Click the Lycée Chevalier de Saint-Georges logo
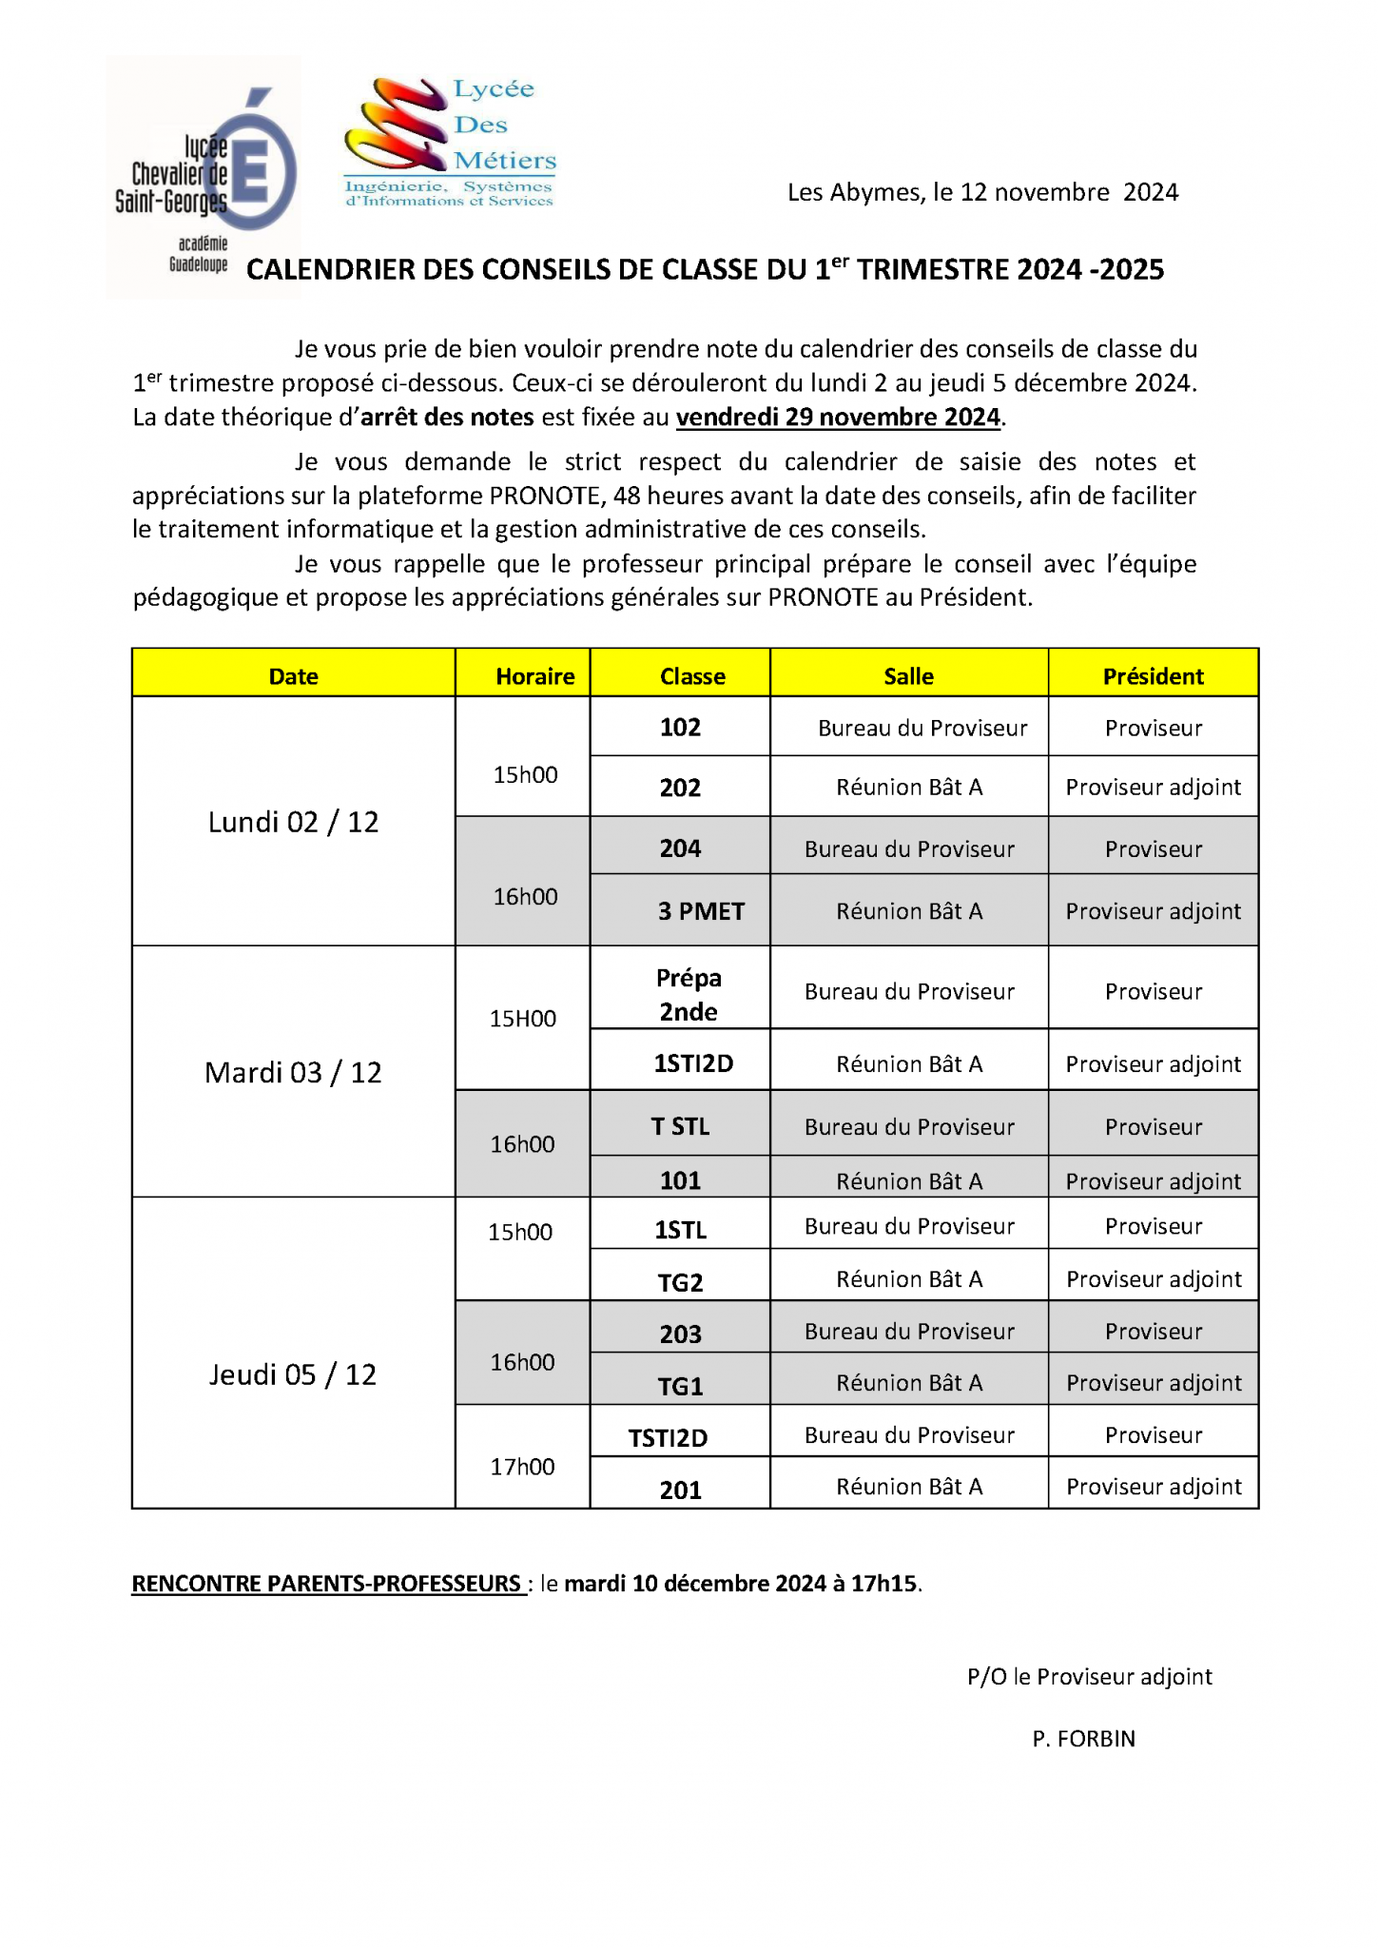pyautogui.click(x=204, y=178)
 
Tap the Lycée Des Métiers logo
pyautogui.click(x=450, y=143)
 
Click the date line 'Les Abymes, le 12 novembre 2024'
pyautogui.click(x=982, y=193)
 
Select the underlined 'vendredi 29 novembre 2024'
pyautogui.click(x=838, y=418)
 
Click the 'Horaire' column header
pyautogui.click(x=534, y=676)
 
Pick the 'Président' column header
pyautogui.click(x=1153, y=676)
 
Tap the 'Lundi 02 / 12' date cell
pyautogui.click(x=293, y=822)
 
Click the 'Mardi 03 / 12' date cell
pyautogui.click(x=293, y=1073)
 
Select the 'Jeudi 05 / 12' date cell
pyautogui.click(x=293, y=1374)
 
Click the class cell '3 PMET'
pyautogui.click(x=701, y=911)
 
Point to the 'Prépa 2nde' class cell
pyautogui.click(x=689, y=994)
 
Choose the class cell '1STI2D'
pyautogui.click(x=693, y=1063)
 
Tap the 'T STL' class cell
pyautogui.click(x=680, y=1126)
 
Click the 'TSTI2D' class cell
pyautogui.click(x=668, y=1438)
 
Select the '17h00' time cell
pyautogui.click(x=522, y=1467)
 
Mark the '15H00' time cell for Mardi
pyautogui.click(x=522, y=1019)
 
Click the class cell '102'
pyautogui.click(x=680, y=728)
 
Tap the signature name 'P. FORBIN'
pyautogui.click(x=1083, y=1739)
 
